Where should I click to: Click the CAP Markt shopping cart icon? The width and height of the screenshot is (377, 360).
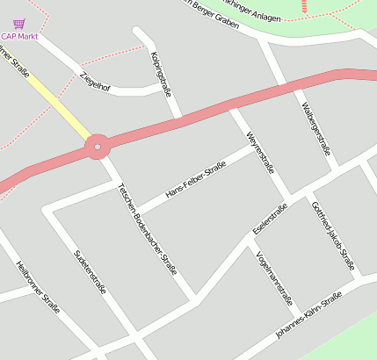click(19, 25)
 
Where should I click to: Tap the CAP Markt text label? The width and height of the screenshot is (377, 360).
click(19, 37)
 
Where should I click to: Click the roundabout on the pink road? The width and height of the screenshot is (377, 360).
click(97, 146)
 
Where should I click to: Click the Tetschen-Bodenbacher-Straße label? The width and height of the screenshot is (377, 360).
click(147, 229)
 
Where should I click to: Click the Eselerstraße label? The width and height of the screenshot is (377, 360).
click(270, 219)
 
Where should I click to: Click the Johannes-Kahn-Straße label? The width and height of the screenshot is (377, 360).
click(308, 316)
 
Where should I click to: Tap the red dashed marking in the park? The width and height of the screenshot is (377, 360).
click(304, 6)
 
